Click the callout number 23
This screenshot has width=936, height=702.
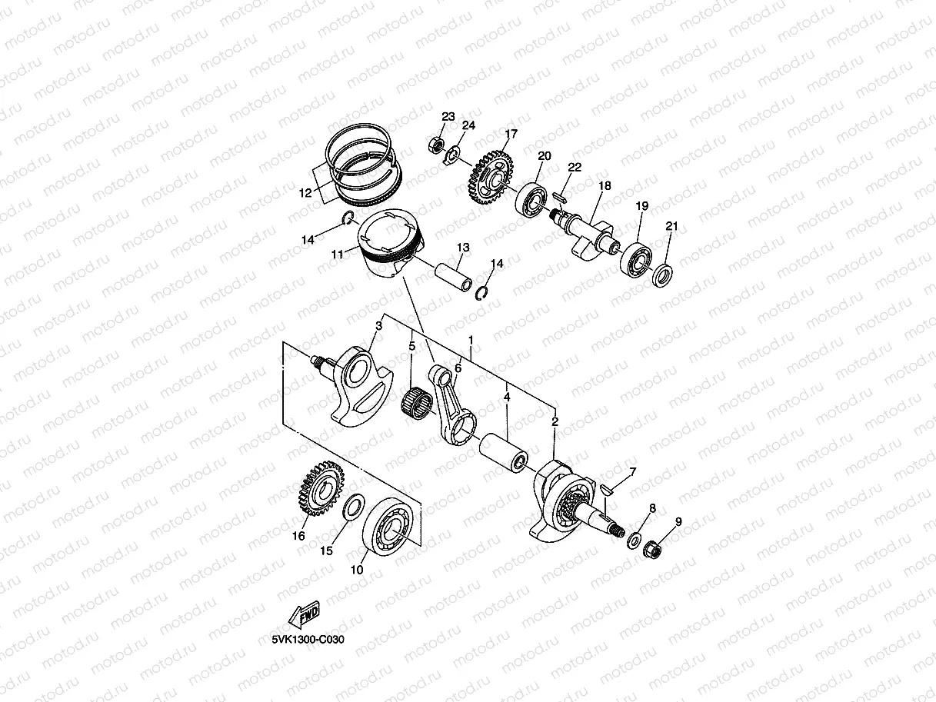(x=448, y=116)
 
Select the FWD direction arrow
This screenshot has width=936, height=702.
(x=302, y=614)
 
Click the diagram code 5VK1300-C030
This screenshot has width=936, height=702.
(x=308, y=639)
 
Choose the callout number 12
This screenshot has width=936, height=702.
(x=305, y=194)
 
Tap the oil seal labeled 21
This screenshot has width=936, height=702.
(x=662, y=274)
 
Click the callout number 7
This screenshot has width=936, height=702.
(x=633, y=471)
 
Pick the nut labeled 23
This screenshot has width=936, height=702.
(x=435, y=144)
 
